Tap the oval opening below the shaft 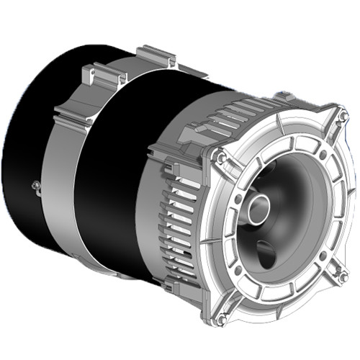pyautogui.click(x=266, y=253)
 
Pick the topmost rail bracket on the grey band pyautogui.click(x=154, y=54)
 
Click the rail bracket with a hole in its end pyautogui.click(x=90, y=72)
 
